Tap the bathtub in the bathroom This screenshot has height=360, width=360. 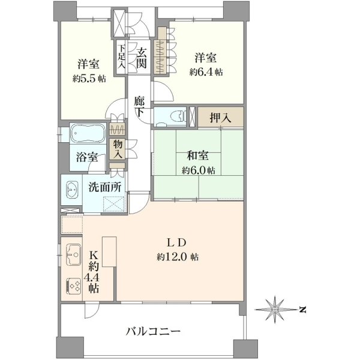[88, 133]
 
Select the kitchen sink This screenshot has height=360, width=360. [73, 254]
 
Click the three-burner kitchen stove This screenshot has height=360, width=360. [73, 286]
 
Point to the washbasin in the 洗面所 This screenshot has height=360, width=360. [73, 190]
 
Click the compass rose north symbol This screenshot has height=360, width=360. [275, 310]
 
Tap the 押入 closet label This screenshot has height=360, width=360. [220, 118]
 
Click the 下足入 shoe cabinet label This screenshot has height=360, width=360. [121, 56]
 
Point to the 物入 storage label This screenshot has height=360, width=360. [118, 149]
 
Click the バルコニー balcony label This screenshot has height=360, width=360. [153, 331]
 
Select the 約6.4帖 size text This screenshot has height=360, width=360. [206, 72]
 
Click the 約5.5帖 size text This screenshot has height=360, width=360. [89, 79]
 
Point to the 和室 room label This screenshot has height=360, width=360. [198, 156]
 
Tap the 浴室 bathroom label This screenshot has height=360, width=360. [87, 157]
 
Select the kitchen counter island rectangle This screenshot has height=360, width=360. [109, 251]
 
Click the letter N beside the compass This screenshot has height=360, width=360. [303, 310]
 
